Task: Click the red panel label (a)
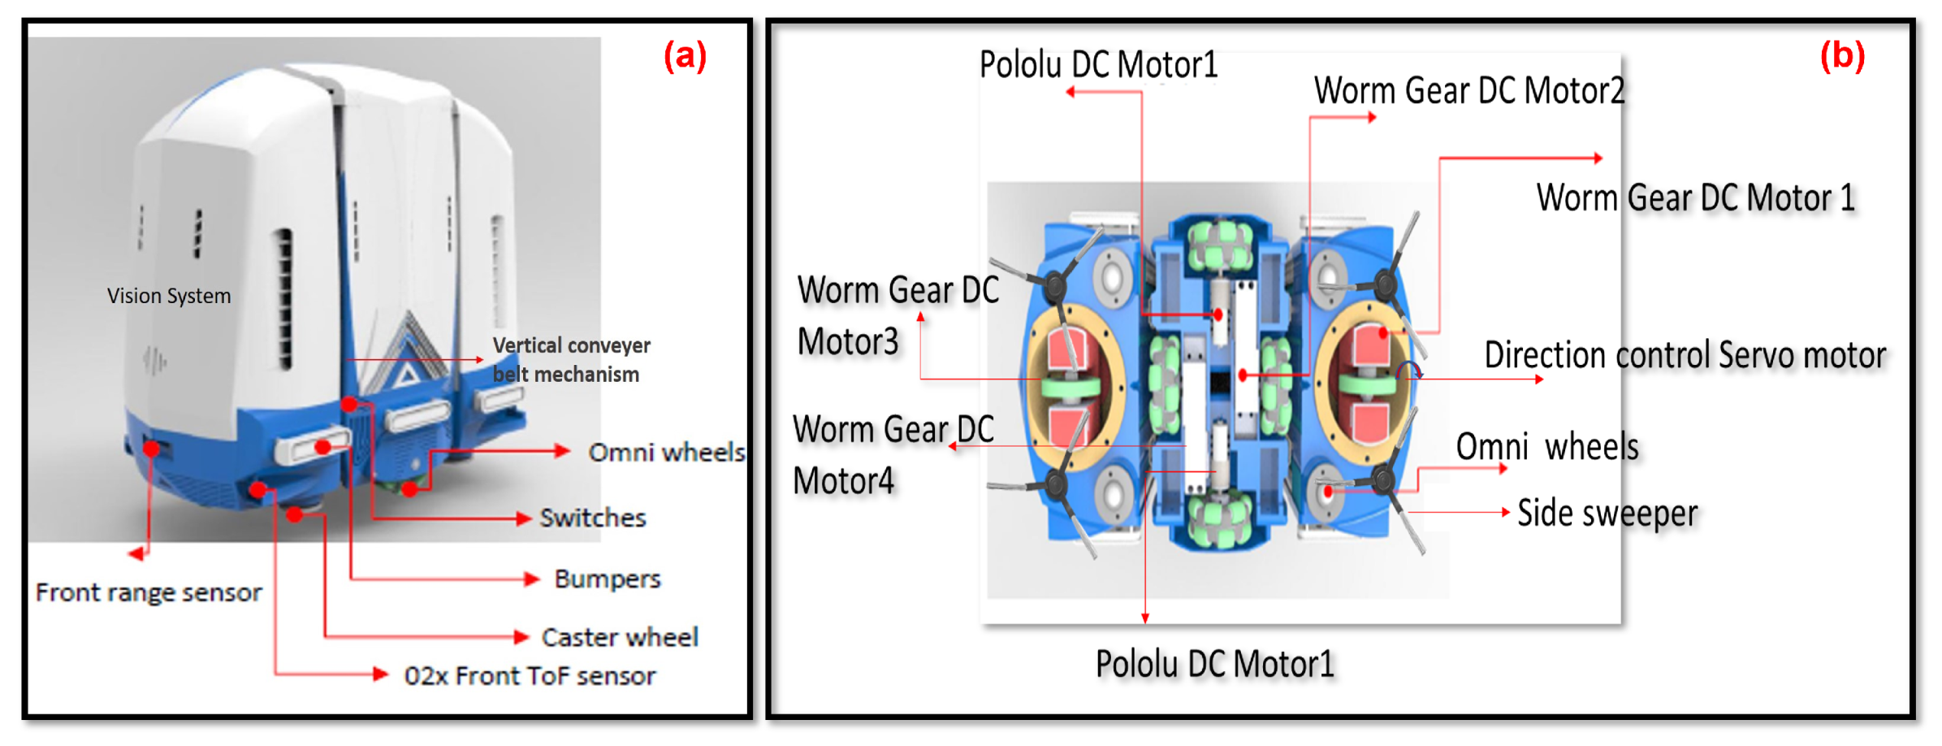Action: (685, 56)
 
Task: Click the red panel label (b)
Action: (1841, 56)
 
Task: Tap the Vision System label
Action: (169, 296)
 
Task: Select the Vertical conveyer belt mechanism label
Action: (570, 359)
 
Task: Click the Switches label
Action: (593, 518)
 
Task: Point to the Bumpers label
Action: (608, 579)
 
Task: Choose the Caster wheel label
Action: (620, 637)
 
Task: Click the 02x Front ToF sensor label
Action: (530, 675)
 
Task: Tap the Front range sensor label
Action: (149, 592)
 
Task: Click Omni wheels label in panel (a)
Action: (666, 452)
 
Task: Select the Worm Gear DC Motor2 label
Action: (1468, 90)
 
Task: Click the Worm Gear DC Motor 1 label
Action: (1695, 197)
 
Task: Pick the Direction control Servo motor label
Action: (1685, 355)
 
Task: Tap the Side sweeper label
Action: (1607, 513)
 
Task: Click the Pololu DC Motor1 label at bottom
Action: (1214, 664)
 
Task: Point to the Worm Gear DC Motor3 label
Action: (897, 315)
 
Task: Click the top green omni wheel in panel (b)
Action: (1220, 246)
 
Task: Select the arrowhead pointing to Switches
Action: (525, 518)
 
